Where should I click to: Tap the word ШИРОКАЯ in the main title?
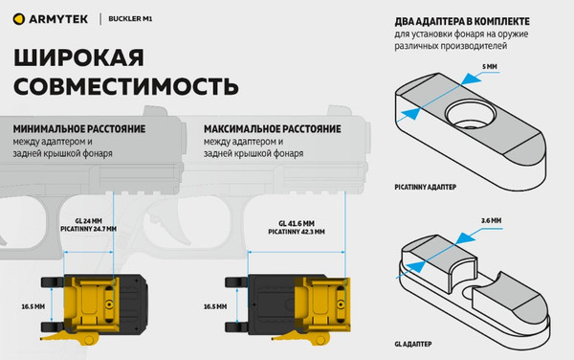coord(86,59)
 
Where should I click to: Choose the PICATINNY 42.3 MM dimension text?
coord(295,231)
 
